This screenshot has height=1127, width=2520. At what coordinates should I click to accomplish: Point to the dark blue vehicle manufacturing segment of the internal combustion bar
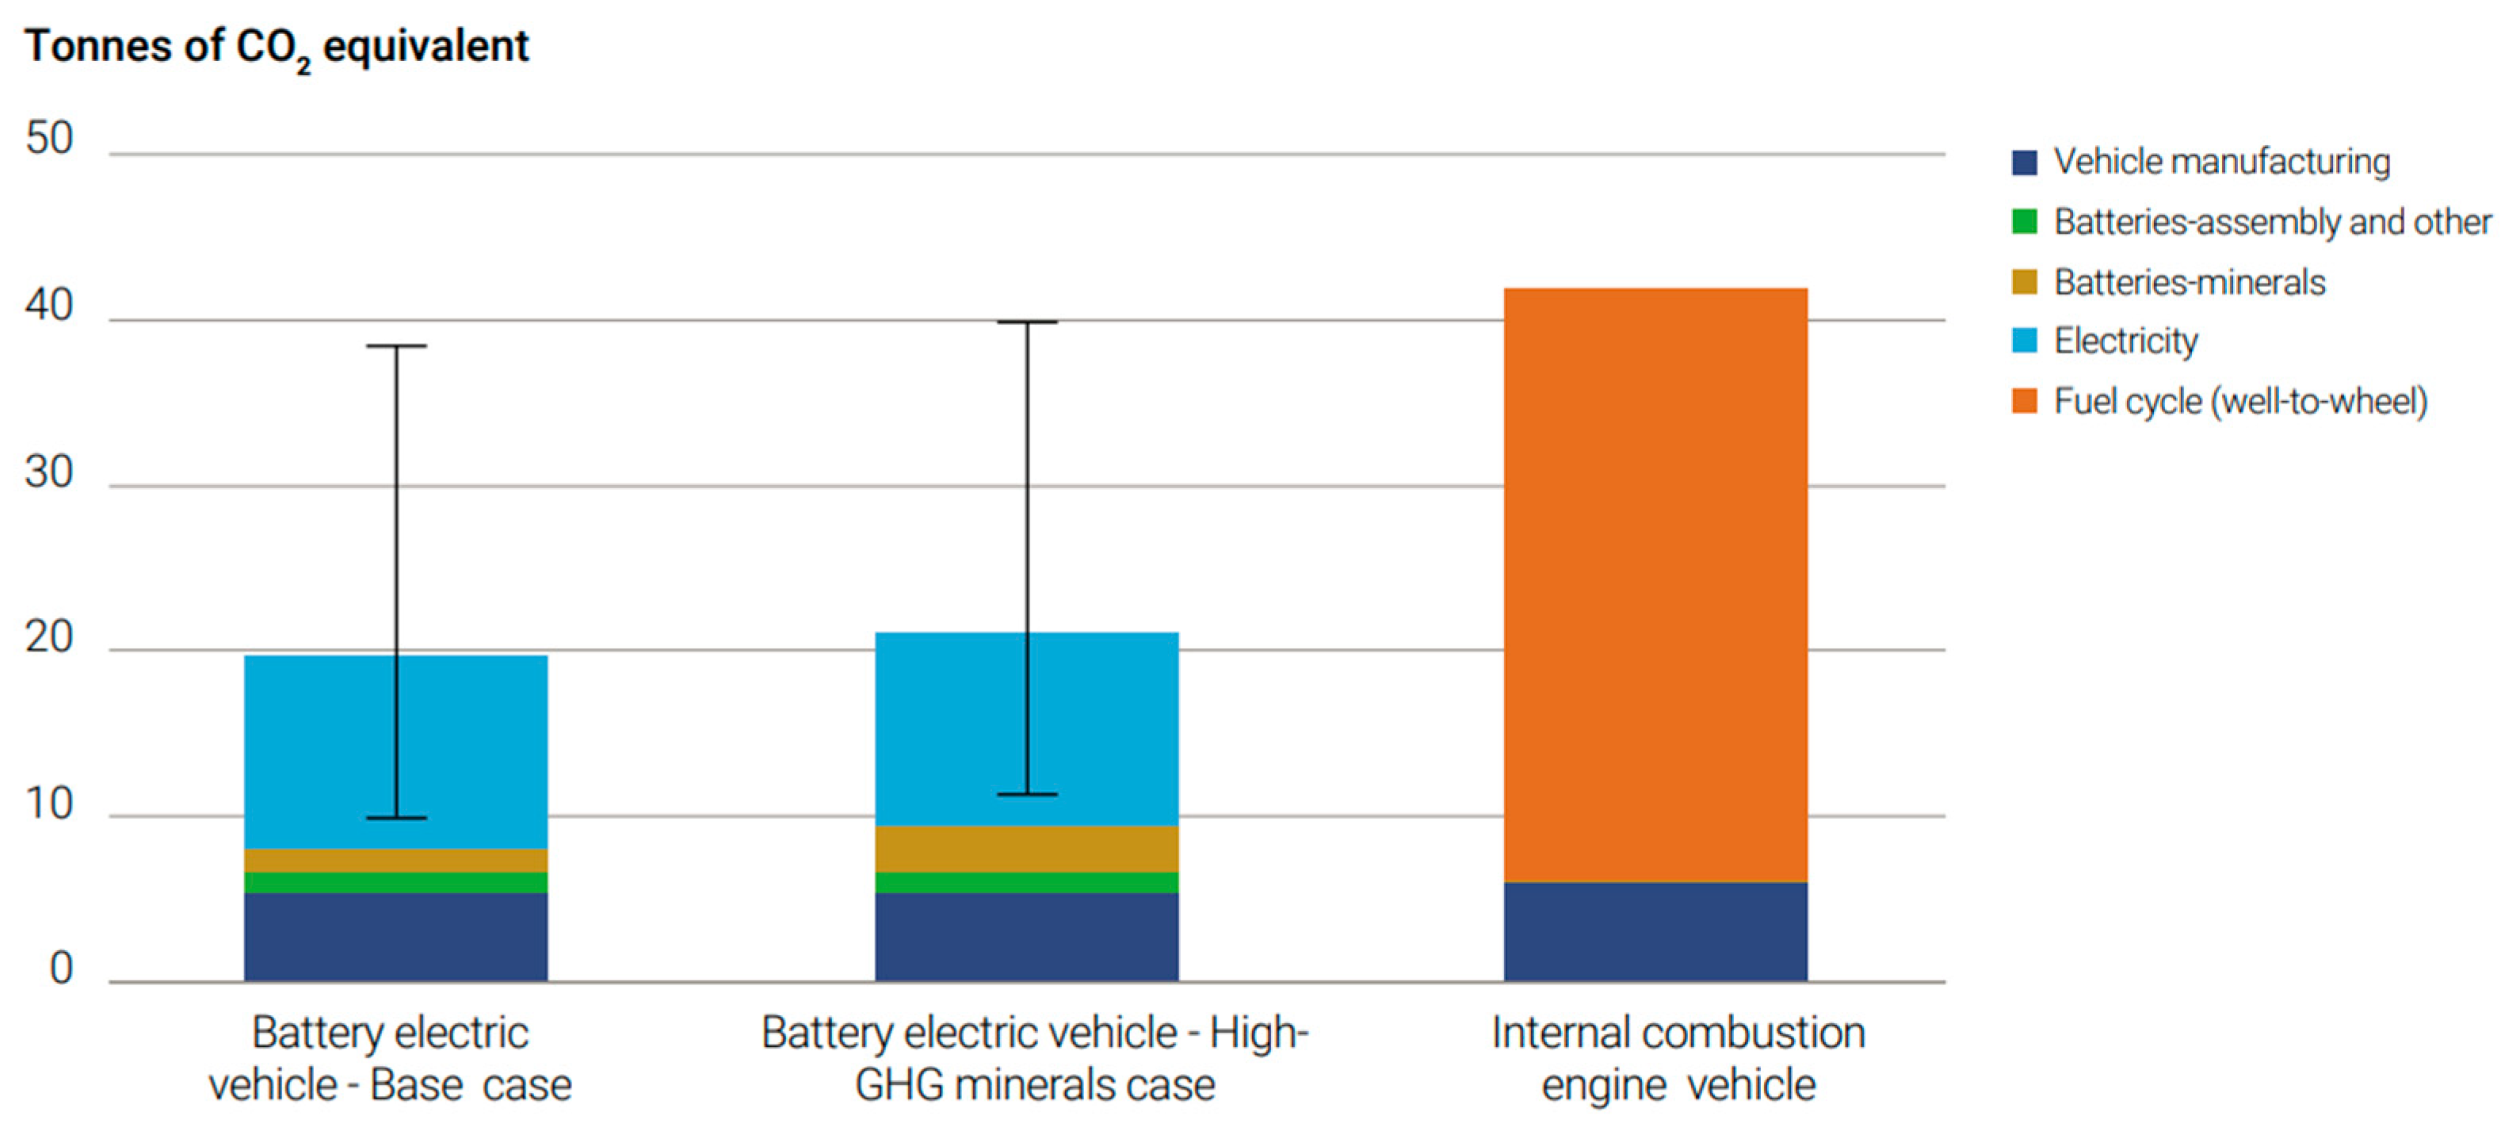pyautogui.click(x=1655, y=931)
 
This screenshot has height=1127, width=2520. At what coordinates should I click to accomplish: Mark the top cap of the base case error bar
pyautogui.click(x=396, y=346)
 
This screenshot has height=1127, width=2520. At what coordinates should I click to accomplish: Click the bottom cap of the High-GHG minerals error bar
pyautogui.click(x=1027, y=794)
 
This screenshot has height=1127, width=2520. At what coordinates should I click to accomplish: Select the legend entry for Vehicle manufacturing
pyautogui.click(x=2201, y=162)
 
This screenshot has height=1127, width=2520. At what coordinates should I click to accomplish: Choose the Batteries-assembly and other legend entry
pyautogui.click(x=2250, y=222)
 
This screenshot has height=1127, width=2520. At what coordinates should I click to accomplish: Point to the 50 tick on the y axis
pyautogui.click(x=49, y=139)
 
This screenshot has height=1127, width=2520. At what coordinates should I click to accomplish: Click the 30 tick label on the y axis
pyautogui.click(x=49, y=472)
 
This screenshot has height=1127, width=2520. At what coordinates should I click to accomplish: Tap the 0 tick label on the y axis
pyautogui.click(x=61, y=968)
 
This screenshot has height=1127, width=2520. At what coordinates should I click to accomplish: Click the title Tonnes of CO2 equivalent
pyautogui.click(x=277, y=47)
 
